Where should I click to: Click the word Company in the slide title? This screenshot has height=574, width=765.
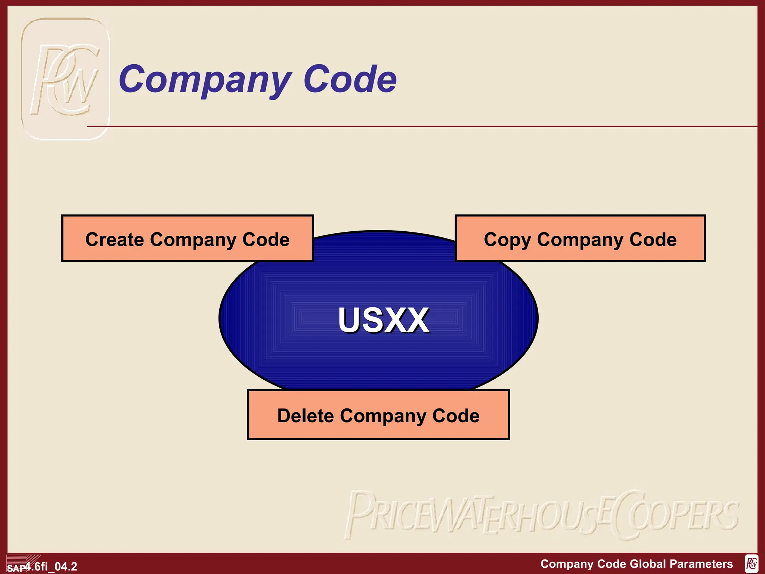(205, 79)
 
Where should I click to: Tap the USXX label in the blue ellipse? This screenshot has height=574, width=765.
(383, 320)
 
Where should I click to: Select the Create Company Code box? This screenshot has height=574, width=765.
(187, 238)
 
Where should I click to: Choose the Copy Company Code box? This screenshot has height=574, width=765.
(580, 238)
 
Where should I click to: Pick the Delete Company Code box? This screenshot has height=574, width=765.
(378, 415)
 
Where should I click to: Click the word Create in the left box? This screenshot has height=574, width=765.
(115, 239)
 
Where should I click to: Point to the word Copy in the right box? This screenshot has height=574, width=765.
(507, 240)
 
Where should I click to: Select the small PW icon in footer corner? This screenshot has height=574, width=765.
(751, 564)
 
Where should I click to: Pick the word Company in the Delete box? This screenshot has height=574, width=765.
(382, 416)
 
